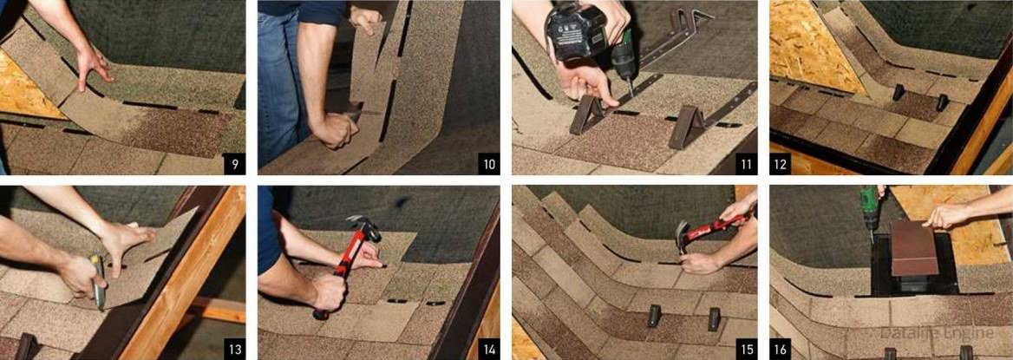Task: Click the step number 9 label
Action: [234, 164]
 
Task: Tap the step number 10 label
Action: [489, 164]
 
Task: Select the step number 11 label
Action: [746, 164]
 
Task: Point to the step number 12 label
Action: [780, 164]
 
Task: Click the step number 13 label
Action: [234, 350]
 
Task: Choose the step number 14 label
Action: [489, 350]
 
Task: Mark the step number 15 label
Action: [746, 350]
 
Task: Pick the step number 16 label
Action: [780, 350]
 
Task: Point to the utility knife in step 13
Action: [97, 282]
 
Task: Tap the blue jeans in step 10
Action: [278, 84]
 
